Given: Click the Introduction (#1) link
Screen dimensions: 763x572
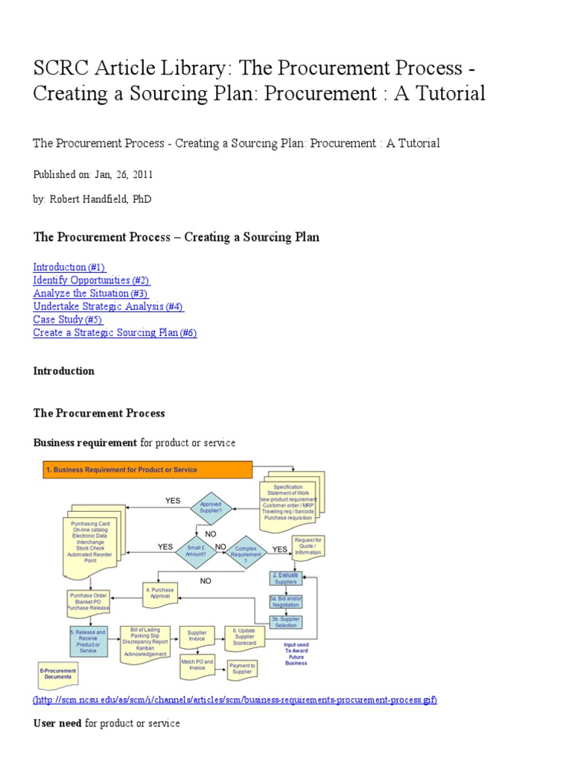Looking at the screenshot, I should tap(69, 267).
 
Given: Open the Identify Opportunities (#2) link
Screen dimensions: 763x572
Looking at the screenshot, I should tap(91, 280).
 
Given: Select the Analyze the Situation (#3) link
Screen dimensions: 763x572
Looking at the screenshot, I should tap(90, 294).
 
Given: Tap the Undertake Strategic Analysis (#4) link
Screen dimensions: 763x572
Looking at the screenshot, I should tap(108, 306).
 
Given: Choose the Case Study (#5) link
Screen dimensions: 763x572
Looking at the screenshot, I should tap(68, 320).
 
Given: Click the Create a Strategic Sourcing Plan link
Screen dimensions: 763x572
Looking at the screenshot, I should tap(115, 333).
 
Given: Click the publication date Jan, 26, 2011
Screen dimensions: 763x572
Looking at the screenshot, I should tap(124, 174).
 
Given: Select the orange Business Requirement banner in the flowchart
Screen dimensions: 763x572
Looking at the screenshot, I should tap(146, 470).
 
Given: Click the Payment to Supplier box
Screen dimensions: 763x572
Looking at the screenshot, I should tap(242, 669).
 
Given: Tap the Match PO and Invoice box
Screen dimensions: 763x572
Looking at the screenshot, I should tap(197, 665).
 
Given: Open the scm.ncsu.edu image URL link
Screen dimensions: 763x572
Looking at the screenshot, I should tap(235, 700).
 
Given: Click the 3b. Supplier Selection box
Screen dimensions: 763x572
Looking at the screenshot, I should tap(285, 622).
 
